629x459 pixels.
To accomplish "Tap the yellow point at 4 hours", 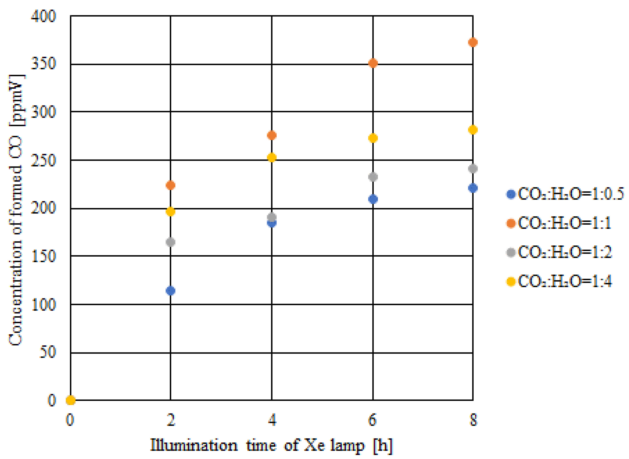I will click(x=272, y=158).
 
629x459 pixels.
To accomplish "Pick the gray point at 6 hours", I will click(x=373, y=177).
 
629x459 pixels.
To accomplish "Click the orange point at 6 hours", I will click(x=373, y=63).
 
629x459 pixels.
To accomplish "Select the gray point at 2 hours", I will click(x=170, y=242).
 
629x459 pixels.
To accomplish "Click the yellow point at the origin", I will click(x=71, y=400).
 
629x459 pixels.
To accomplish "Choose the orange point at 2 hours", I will click(x=170, y=185).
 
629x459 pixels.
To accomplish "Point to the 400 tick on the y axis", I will click(x=44, y=16).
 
